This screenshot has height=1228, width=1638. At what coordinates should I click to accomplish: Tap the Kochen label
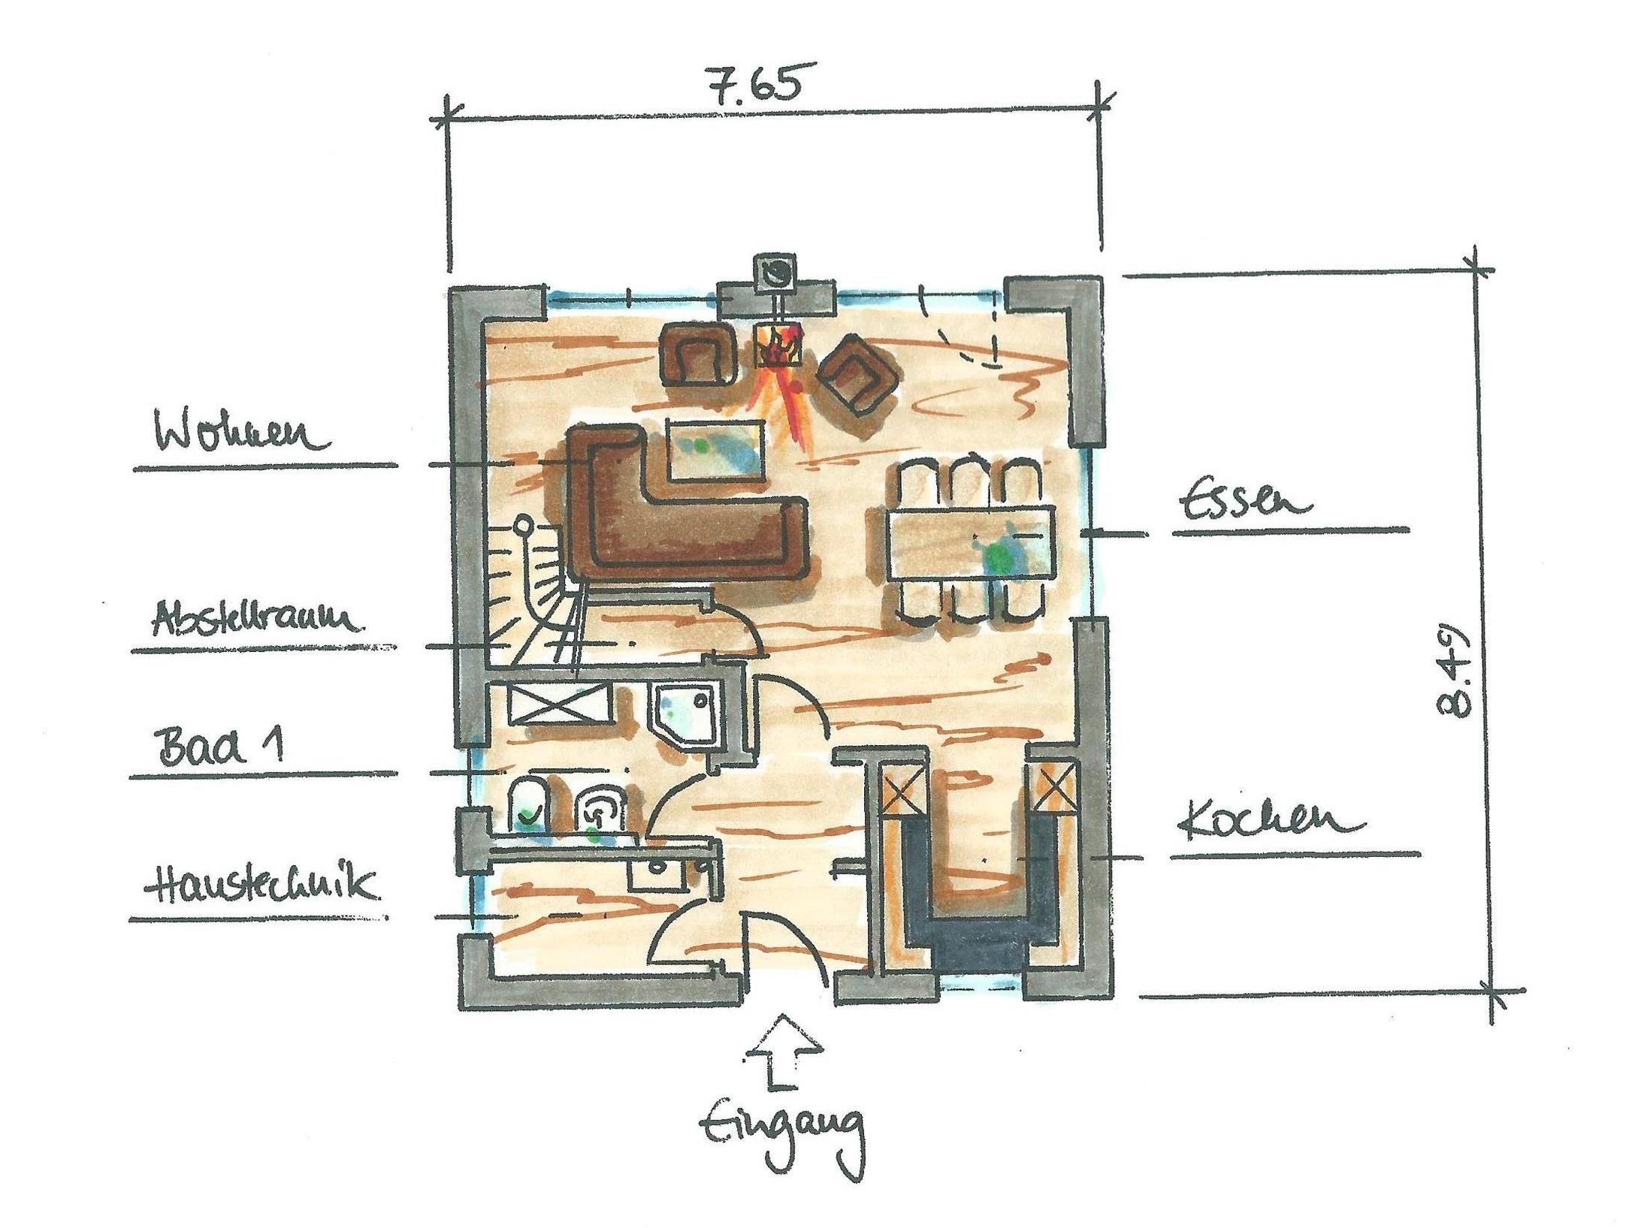click(x=1270, y=824)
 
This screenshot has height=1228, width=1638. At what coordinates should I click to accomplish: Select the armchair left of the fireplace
click(x=697, y=354)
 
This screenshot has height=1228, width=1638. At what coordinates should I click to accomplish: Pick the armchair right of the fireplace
click(x=857, y=372)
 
